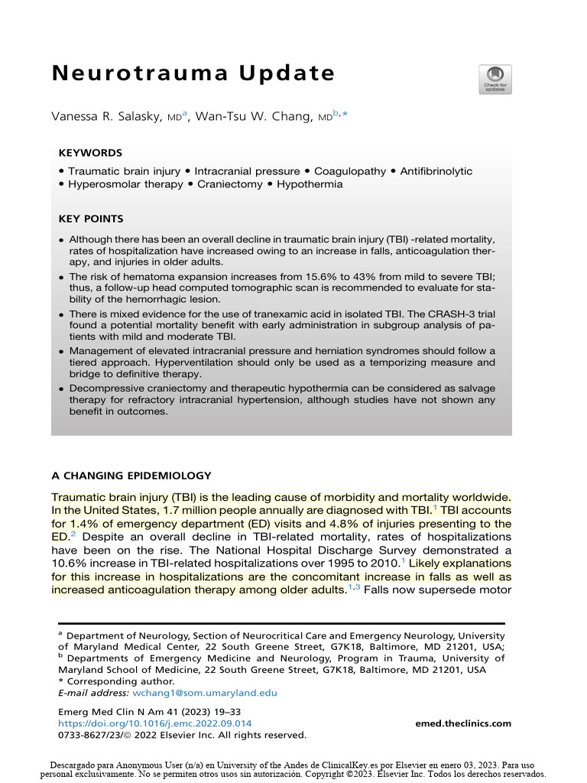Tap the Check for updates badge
point(495,80)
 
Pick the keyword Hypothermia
point(310,184)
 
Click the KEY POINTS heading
point(91,219)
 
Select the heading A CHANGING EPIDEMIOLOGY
point(131,475)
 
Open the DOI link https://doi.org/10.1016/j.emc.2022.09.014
point(154,723)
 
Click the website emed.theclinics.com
point(463,723)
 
